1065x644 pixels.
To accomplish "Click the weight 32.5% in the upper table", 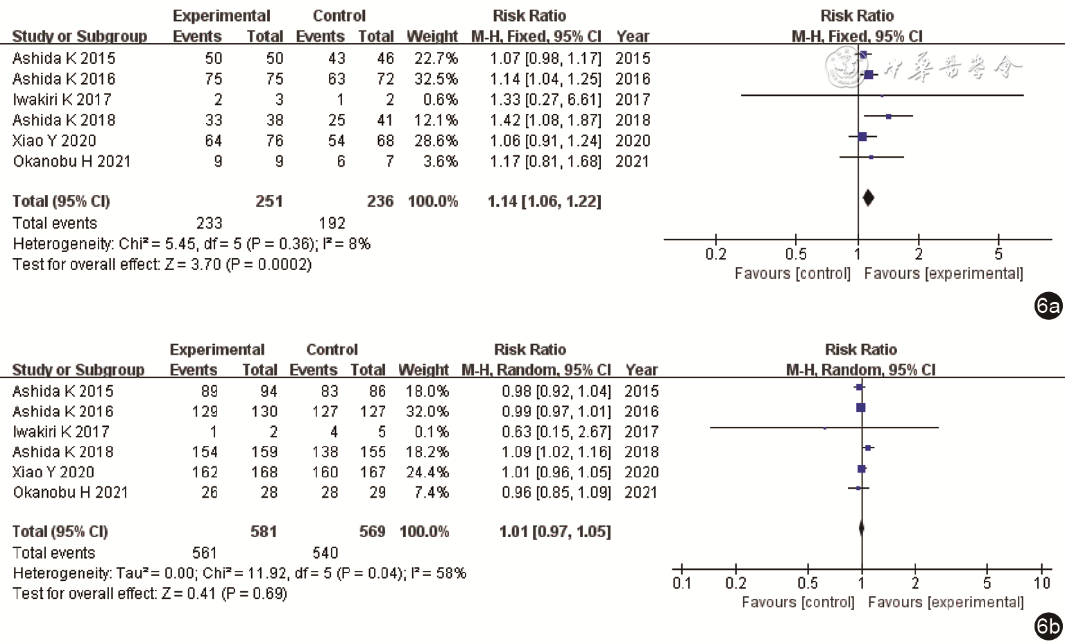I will click(x=436, y=79).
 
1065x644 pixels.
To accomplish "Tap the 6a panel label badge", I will click(x=1048, y=306).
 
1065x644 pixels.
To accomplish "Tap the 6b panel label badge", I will click(x=1048, y=627).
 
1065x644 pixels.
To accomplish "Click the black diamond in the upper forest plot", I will click(x=868, y=198).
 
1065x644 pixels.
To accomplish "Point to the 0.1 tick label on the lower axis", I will click(x=682, y=584).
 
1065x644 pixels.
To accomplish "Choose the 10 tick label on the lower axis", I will click(x=1041, y=584).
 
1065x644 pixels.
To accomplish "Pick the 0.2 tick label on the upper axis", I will click(x=715, y=255).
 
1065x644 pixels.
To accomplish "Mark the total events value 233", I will click(x=209, y=223).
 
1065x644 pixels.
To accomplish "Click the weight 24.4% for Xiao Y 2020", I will click(x=427, y=473).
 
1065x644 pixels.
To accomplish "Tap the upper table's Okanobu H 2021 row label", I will click(x=71, y=162).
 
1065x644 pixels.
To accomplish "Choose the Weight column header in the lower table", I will click(x=423, y=370).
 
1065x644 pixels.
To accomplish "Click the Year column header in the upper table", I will click(x=633, y=37).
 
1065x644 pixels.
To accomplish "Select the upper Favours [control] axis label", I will click(x=792, y=273).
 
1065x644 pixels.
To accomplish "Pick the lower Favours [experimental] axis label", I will click(x=946, y=602).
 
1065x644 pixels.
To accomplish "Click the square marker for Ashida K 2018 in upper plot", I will click(x=889, y=116).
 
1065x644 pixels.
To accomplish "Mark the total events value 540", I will click(x=325, y=553).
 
